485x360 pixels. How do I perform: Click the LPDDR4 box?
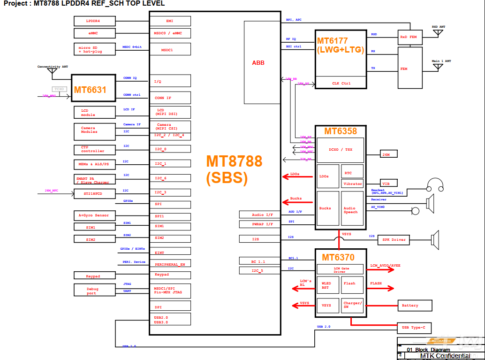click(x=94, y=21)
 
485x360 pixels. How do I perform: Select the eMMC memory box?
click(x=94, y=33)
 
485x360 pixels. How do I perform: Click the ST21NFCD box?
click(x=94, y=193)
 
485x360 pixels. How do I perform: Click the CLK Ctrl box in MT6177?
click(x=341, y=84)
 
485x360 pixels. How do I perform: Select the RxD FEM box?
click(x=409, y=37)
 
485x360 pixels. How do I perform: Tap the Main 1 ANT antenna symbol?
click(x=437, y=67)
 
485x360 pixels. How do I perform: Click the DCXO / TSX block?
click(x=341, y=150)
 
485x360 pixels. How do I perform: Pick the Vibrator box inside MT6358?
click(x=353, y=184)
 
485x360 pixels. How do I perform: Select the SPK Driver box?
click(x=394, y=240)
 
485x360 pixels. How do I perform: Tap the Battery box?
click(x=414, y=306)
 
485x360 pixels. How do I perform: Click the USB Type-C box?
click(x=414, y=328)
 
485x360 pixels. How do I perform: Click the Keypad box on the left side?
click(x=94, y=276)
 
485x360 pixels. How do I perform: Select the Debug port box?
click(x=94, y=290)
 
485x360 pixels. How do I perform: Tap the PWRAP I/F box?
click(x=259, y=224)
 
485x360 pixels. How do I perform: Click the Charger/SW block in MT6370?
click(x=352, y=305)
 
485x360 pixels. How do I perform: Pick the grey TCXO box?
click(x=59, y=89)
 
